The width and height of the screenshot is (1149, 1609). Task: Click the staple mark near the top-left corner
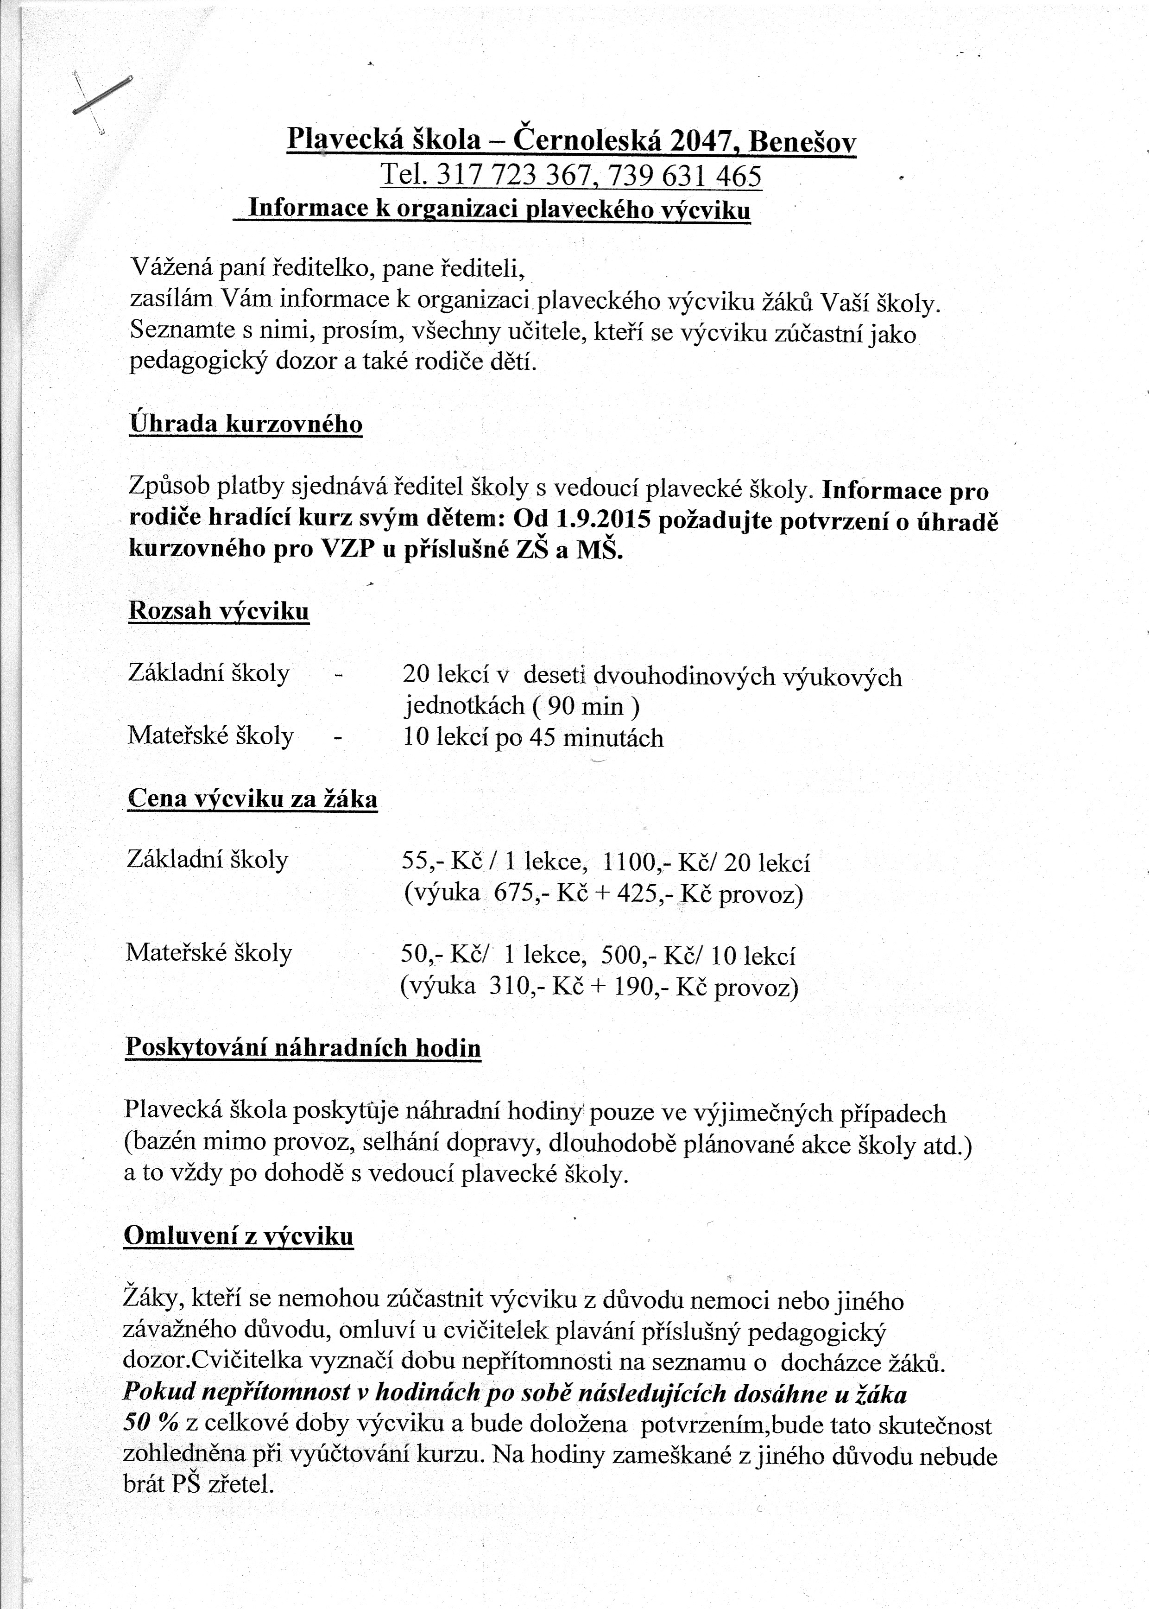(x=102, y=95)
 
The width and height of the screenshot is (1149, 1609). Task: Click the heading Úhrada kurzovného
(x=246, y=424)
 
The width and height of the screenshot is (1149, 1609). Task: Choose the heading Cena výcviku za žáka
(x=253, y=799)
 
